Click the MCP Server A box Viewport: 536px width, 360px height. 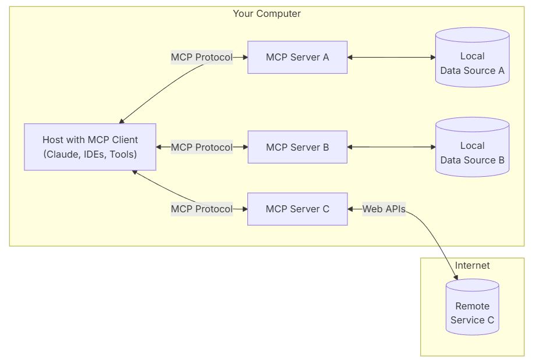pos(297,57)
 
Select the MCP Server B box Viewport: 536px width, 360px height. pos(297,147)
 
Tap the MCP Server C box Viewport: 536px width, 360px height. pos(297,209)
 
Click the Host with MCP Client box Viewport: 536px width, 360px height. pos(90,147)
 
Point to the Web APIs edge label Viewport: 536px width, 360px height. pos(384,209)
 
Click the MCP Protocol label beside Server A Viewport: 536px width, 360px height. pos(201,57)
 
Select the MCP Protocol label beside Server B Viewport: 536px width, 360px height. pos(201,147)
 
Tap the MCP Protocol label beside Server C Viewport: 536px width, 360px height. pos(201,209)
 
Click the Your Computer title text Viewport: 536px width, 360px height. pos(267,13)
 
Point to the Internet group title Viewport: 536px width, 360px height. pos(472,265)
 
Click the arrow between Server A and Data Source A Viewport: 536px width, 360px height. pos(391,57)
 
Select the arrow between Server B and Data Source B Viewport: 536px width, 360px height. pos(391,147)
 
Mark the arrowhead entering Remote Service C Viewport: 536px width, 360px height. pos(457,277)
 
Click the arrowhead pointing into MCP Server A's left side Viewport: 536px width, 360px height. pos(244,57)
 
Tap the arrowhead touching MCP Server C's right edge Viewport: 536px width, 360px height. pos(351,209)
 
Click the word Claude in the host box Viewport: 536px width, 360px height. pos(60,154)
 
